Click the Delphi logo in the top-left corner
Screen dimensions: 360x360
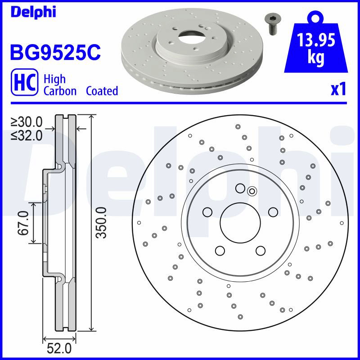tap(33, 12)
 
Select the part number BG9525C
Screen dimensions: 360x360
tap(55, 52)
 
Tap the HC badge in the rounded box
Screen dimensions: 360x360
tap(25, 82)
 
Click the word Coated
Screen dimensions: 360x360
tap(102, 91)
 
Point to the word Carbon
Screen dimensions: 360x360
tap(60, 91)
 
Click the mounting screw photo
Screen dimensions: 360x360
tap(273, 24)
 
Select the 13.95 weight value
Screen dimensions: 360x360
tap(316, 40)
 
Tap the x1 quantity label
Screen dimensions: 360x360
tap(338, 90)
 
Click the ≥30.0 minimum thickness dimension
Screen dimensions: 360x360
tap(27, 122)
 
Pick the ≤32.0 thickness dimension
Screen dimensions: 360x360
tap(27, 136)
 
